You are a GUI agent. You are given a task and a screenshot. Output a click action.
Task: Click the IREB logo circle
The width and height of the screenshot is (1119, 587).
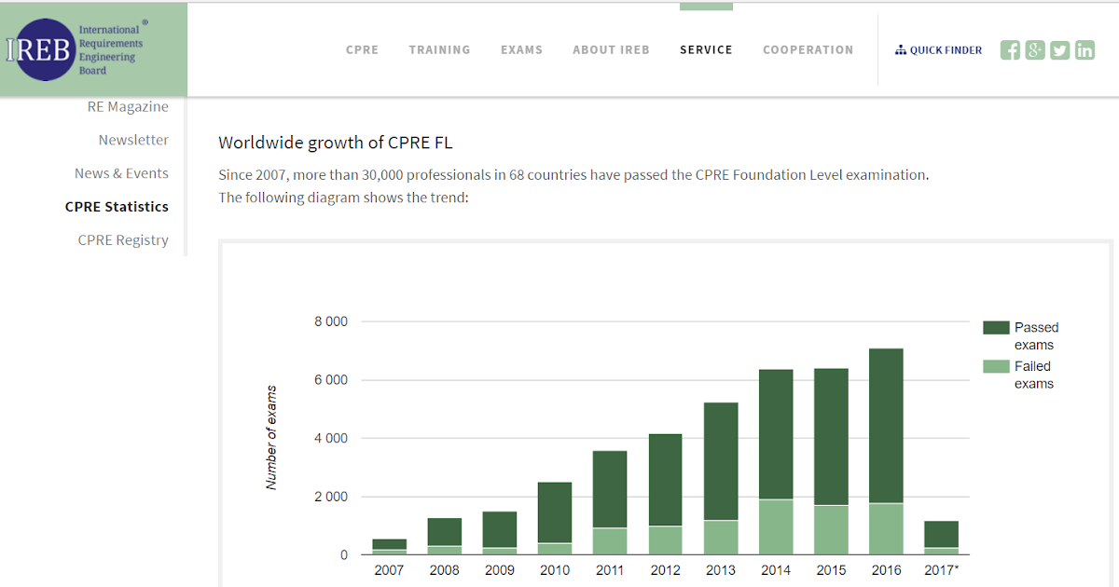(39, 49)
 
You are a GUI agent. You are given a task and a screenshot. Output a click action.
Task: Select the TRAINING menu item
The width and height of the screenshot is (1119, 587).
(439, 49)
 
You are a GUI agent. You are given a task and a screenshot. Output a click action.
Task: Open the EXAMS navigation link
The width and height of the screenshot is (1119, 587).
(521, 49)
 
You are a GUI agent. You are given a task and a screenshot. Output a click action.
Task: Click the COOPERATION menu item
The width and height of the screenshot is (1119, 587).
(808, 49)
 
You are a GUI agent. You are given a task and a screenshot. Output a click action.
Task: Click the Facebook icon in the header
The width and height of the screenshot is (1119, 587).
(1010, 50)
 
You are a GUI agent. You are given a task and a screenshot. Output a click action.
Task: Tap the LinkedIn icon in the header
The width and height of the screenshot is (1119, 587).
(1084, 50)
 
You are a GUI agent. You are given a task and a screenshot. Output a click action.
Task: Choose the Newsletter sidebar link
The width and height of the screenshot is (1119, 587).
(133, 140)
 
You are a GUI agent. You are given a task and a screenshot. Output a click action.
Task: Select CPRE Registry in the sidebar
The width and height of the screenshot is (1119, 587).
(123, 239)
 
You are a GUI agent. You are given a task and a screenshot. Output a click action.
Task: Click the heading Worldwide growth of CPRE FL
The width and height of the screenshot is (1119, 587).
(335, 143)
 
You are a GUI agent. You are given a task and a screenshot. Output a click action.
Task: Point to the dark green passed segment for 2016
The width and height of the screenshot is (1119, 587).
(886, 426)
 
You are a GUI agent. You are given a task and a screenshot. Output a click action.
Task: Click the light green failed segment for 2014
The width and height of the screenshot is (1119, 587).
(776, 527)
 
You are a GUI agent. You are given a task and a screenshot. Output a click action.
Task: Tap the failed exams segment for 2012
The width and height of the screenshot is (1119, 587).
(666, 540)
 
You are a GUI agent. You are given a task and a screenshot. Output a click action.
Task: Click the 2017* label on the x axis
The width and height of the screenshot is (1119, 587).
(941, 570)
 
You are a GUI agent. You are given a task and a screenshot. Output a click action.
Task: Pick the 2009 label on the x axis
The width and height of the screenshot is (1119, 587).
(500, 570)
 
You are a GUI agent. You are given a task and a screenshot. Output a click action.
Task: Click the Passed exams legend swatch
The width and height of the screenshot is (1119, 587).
(997, 328)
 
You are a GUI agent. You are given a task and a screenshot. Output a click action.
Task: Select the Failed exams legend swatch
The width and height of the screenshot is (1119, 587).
(997, 367)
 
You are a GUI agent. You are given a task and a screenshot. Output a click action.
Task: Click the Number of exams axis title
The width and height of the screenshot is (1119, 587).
(272, 437)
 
